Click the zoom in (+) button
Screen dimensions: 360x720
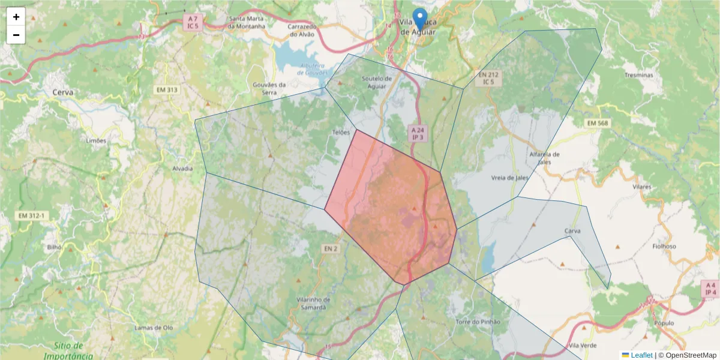click(x=16, y=17)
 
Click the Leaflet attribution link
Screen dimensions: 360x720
click(x=641, y=355)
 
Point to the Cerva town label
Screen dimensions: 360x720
click(x=63, y=92)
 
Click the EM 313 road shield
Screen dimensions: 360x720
click(x=167, y=90)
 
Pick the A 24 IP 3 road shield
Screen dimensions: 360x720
click(x=418, y=133)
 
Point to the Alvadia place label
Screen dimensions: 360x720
click(x=182, y=169)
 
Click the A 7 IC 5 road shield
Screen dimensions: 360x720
click(x=193, y=23)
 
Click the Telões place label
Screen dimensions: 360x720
click(x=340, y=132)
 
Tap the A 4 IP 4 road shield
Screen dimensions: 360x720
click(x=710, y=289)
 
